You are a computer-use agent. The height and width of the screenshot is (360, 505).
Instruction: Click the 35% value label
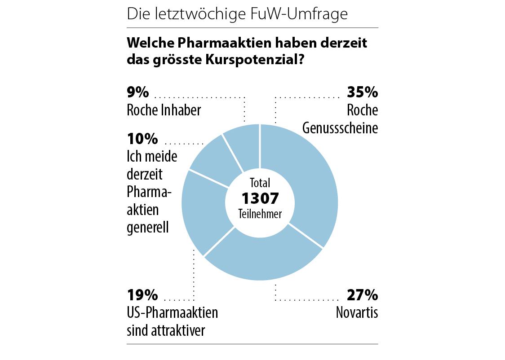pyautogui.click(x=362, y=92)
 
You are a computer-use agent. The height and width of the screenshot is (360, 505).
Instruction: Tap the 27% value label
pyautogui.click(x=362, y=295)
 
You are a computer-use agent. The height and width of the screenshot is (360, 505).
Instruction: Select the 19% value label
pyautogui.click(x=142, y=295)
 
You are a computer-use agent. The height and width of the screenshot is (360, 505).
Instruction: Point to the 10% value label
pyautogui.click(x=142, y=139)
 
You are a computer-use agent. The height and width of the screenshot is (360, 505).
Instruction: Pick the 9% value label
pyautogui.click(x=137, y=92)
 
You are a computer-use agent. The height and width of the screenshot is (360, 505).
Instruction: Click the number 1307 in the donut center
pyautogui.click(x=260, y=198)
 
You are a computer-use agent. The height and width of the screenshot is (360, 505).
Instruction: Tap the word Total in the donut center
pyautogui.click(x=260, y=183)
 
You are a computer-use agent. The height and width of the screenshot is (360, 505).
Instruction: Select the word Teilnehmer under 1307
pyautogui.click(x=260, y=214)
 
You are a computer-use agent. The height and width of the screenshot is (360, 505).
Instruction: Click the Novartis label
pyautogui.click(x=357, y=312)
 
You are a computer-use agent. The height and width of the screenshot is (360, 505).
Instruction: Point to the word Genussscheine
pyautogui.click(x=340, y=128)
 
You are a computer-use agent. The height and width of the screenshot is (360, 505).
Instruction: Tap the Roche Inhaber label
pyautogui.click(x=164, y=110)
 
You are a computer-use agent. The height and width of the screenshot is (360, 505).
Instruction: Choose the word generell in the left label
pyautogui.click(x=148, y=227)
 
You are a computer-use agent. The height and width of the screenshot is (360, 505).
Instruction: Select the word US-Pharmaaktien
pyautogui.click(x=173, y=312)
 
